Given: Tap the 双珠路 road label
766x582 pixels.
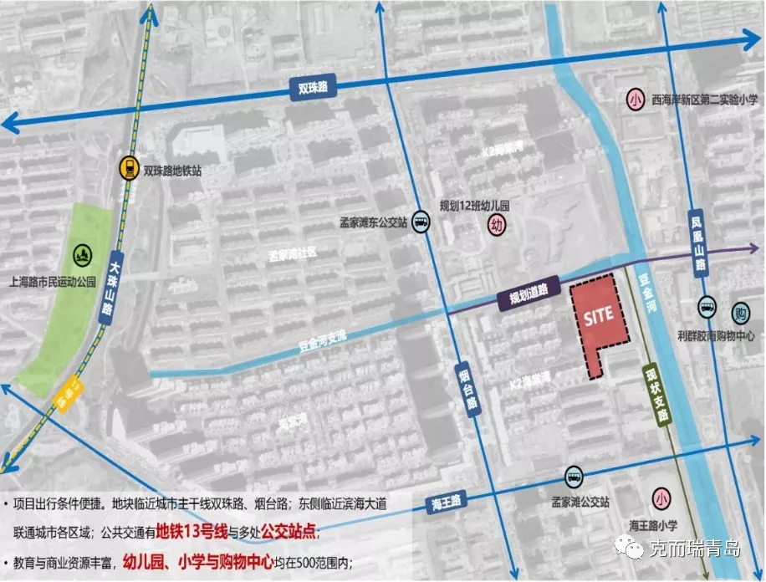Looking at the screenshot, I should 313,87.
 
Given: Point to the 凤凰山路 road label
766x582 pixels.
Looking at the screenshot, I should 697,242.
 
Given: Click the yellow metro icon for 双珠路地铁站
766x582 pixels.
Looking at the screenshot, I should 129,168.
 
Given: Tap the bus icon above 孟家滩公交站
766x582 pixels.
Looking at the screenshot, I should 573,475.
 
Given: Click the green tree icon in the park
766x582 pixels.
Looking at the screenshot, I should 81,252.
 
